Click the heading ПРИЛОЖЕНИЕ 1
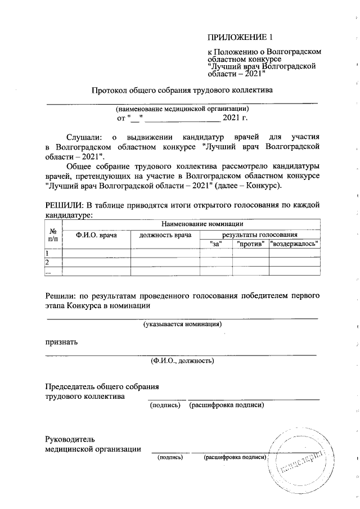coord(240,38)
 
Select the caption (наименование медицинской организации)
coord(182,109)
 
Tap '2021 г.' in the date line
coord(235,118)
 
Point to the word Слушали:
coord(85,137)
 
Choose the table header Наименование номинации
coord(191,224)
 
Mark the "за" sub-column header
coord(216,244)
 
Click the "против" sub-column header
coord(250,244)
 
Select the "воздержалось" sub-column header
coord(295,244)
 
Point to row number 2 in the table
coord(48,263)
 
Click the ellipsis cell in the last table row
coord(48,272)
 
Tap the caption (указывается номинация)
coord(182,324)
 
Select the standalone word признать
coord(62,342)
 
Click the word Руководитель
coord(70,439)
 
